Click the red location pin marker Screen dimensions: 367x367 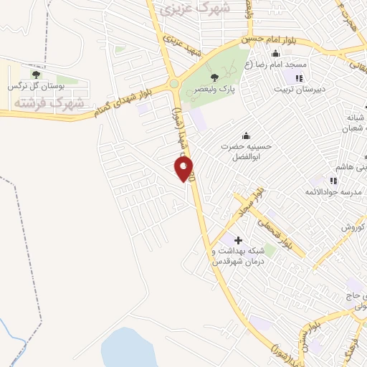point(184,168)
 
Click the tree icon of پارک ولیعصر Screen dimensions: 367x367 point(214,77)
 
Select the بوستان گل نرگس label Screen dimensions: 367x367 point(36,85)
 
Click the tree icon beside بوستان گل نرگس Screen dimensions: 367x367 point(36,74)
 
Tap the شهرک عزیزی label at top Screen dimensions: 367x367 point(195,9)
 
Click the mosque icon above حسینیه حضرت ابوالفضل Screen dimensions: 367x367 point(247,135)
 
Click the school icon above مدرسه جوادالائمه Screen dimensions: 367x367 point(334,180)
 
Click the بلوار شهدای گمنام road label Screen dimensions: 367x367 point(118,101)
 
